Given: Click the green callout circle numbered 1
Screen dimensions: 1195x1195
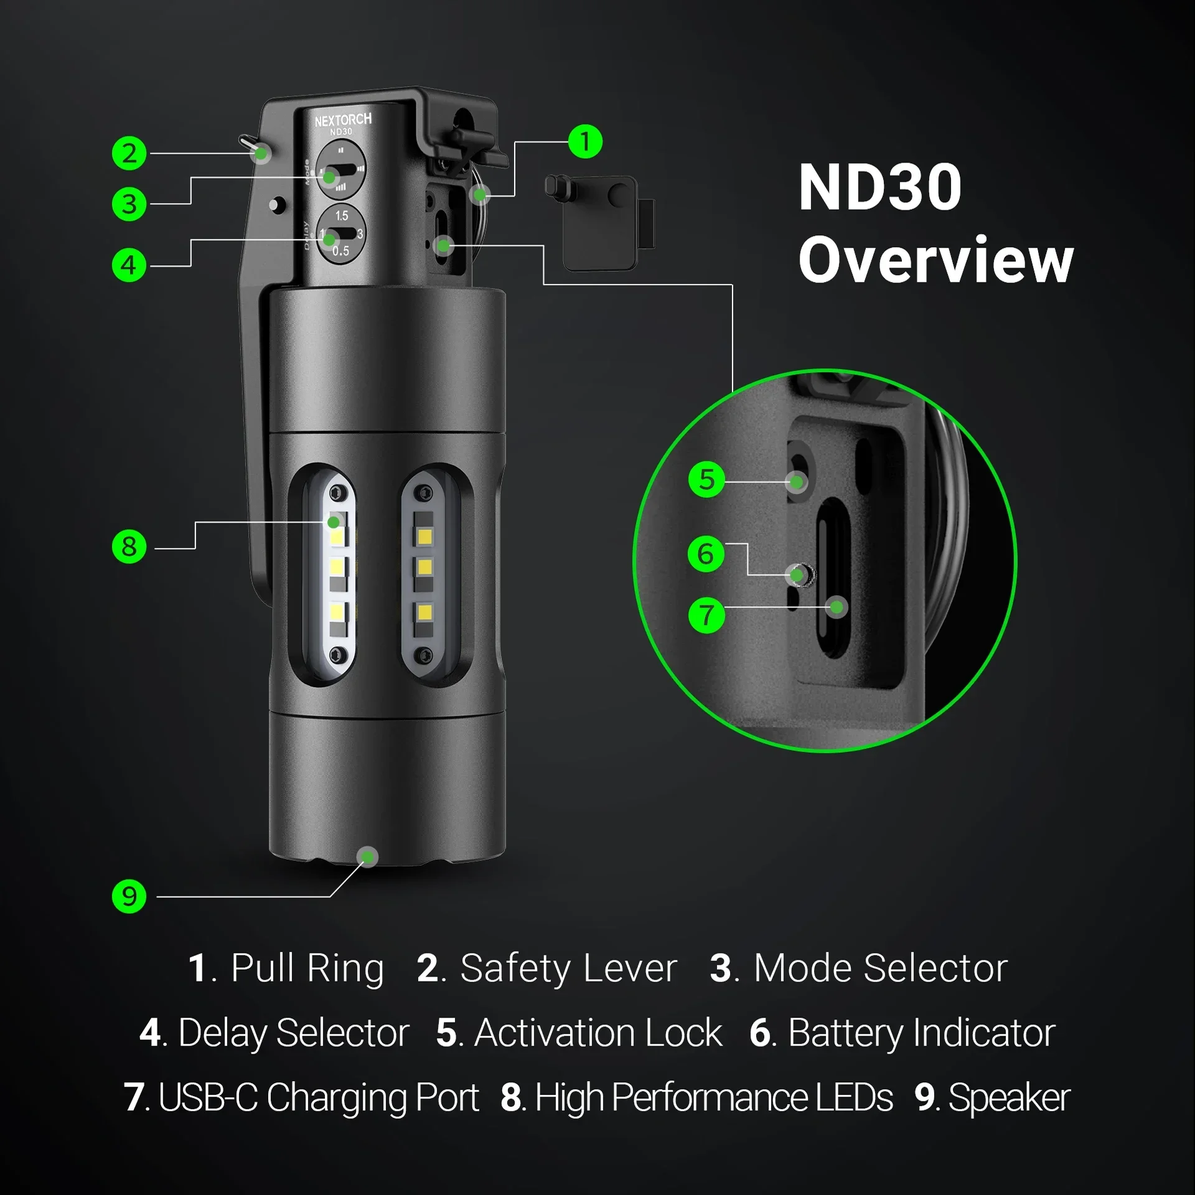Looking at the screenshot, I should [x=585, y=141].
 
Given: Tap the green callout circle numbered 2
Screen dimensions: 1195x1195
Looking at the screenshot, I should [x=129, y=153].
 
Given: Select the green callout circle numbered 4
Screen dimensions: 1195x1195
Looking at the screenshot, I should [x=129, y=265].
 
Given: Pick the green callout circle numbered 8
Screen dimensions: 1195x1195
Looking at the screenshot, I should [x=129, y=546].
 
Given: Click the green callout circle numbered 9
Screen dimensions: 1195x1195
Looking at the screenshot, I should [x=129, y=896].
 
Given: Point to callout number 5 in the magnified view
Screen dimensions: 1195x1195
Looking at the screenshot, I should [x=706, y=479].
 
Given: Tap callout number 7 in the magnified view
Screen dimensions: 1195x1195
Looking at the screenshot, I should [x=706, y=615].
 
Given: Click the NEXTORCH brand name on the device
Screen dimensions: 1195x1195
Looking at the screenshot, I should [x=343, y=119].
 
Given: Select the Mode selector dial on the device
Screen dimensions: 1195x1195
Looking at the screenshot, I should [x=340, y=169].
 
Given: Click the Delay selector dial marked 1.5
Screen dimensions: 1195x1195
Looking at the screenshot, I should [x=341, y=234].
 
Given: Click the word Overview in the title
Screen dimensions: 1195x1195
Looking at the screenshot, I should [x=936, y=260].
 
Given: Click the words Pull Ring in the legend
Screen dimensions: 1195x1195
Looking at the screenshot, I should [x=307, y=968].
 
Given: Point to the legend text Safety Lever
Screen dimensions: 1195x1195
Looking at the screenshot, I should [x=568, y=968].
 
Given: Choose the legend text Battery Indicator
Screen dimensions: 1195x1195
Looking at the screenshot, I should [x=921, y=1033].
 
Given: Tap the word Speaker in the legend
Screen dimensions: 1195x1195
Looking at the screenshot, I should [x=1009, y=1098].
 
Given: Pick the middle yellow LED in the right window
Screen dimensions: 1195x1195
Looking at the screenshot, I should [x=425, y=567].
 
